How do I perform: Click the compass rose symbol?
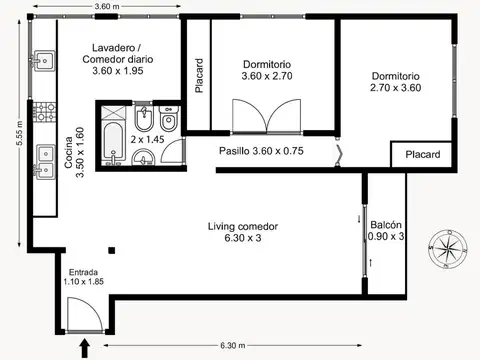pyautogui.click(x=448, y=248)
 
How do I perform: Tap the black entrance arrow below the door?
pyautogui.click(x=85, y=349)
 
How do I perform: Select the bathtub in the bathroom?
pyautogui.click(x=113, y=142)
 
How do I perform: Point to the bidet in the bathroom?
pyautogui.click(x=144, y=118)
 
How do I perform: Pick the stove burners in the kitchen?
pyautogui.click(x=44, y=112)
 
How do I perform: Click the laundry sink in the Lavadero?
pyautogui.click(x=43, y=60)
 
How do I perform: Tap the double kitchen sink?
pyautogui.click(x=45, y=162)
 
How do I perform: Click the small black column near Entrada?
pyautogui.click(x=112, y=250)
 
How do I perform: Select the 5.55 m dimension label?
pyautogui.click(x=19, y=133)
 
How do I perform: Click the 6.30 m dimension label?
pyautogui.click(x=233, y=345)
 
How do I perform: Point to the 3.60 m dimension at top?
pyautogui.click(x=107, y=6)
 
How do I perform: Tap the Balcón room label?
pyautogui.click(x=386, y=224)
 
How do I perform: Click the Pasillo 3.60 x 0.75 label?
pyautogui.click(x=261, y=151)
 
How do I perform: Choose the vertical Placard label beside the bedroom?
pyautogui.click(x=199, y=75)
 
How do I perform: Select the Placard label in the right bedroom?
pyautogui.click(x=423, y=154)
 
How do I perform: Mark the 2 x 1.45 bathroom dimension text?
pyautogui.click(x=147, y=139)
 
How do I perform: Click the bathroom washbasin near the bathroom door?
pyautogui.click(x=143, y=157)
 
